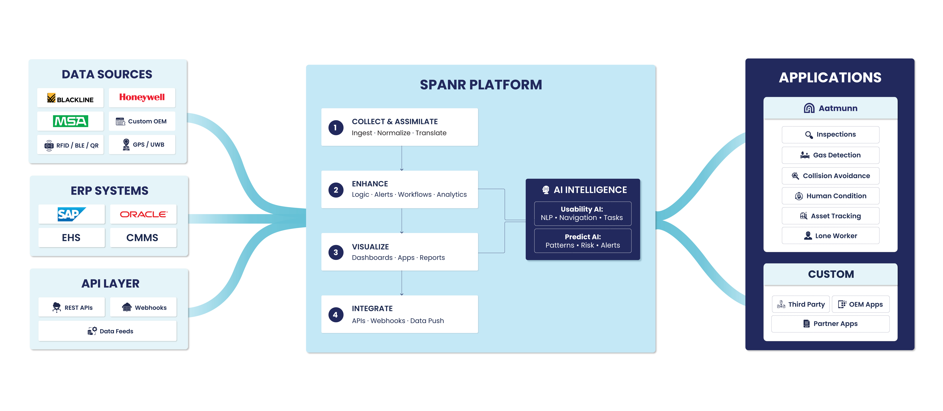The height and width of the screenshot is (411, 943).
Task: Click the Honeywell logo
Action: [x=142, y=97]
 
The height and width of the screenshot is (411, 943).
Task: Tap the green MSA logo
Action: [x=70, y=121]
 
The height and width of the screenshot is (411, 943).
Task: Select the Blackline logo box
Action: [x=70, y=98]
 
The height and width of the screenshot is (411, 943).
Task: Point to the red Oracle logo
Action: [x=143, y=214]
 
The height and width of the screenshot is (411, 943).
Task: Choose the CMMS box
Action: [x=142, y=238]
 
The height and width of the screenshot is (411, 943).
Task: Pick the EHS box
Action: [x=71, y=238]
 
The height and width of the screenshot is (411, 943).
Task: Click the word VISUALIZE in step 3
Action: [x=370, y=247]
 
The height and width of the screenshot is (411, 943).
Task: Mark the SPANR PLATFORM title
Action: [x=481, y=85]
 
